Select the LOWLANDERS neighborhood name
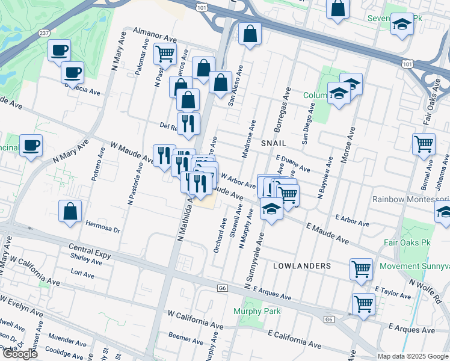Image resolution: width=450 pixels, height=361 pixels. coord(302,265)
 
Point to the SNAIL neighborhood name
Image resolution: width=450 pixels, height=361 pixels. coord(273,143)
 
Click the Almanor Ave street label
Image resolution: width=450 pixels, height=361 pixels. coord(152,31)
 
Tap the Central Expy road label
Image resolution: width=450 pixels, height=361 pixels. coord(90,251)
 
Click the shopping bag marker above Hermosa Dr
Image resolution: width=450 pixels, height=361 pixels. coord(70,211)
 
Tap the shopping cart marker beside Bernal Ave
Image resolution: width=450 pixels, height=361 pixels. coord(424,143)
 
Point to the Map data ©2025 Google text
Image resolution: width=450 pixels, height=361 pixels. coord(413,356)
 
